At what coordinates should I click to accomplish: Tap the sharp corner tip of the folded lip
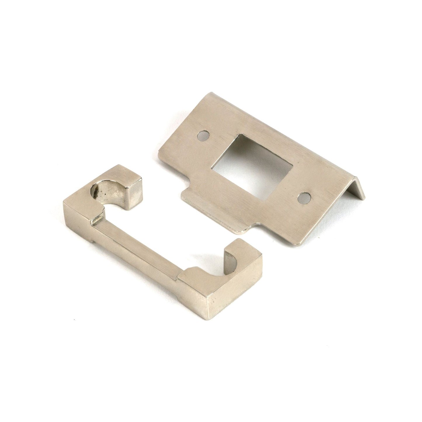(364, 199)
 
